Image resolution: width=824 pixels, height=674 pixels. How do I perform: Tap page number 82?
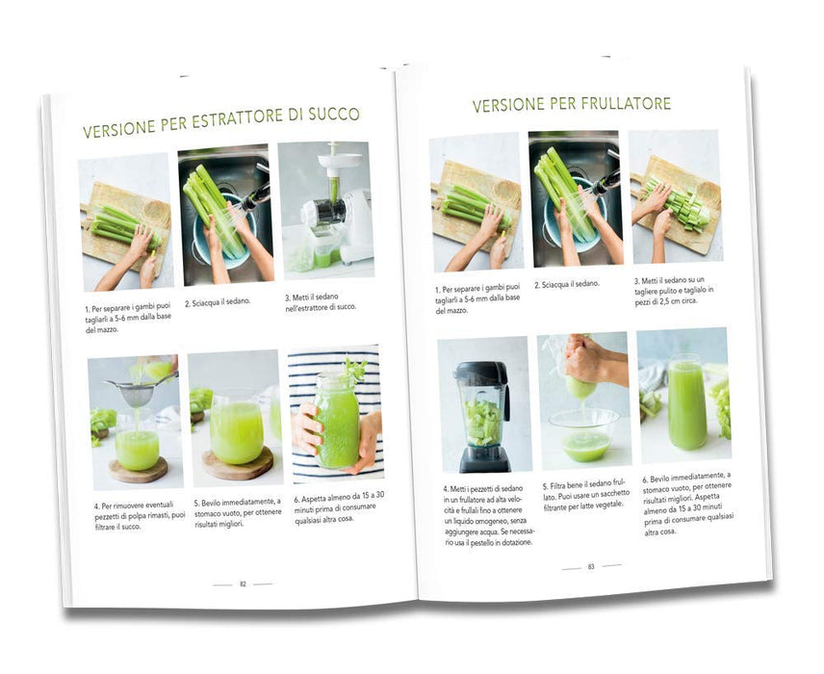tap(243, 584)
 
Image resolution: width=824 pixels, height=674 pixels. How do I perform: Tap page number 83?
tap(591, 567)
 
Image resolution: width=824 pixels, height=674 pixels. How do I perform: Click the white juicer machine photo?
tap(326, 210)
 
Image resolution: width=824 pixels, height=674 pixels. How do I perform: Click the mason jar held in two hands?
tap(337, 420)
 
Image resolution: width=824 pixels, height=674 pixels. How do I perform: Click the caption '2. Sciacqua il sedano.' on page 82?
tap(218, 302)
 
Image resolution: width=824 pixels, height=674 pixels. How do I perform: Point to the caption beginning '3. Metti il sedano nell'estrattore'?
tap(321, 301)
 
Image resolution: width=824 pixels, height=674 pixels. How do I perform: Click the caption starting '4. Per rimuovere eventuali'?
tap(140, 516)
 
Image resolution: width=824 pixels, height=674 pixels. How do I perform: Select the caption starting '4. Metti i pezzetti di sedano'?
tap(487, 516)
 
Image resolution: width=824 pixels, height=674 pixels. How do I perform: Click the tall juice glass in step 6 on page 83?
tap(686, 402)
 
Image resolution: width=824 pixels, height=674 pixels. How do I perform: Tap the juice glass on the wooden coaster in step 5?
tap(236, 429)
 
